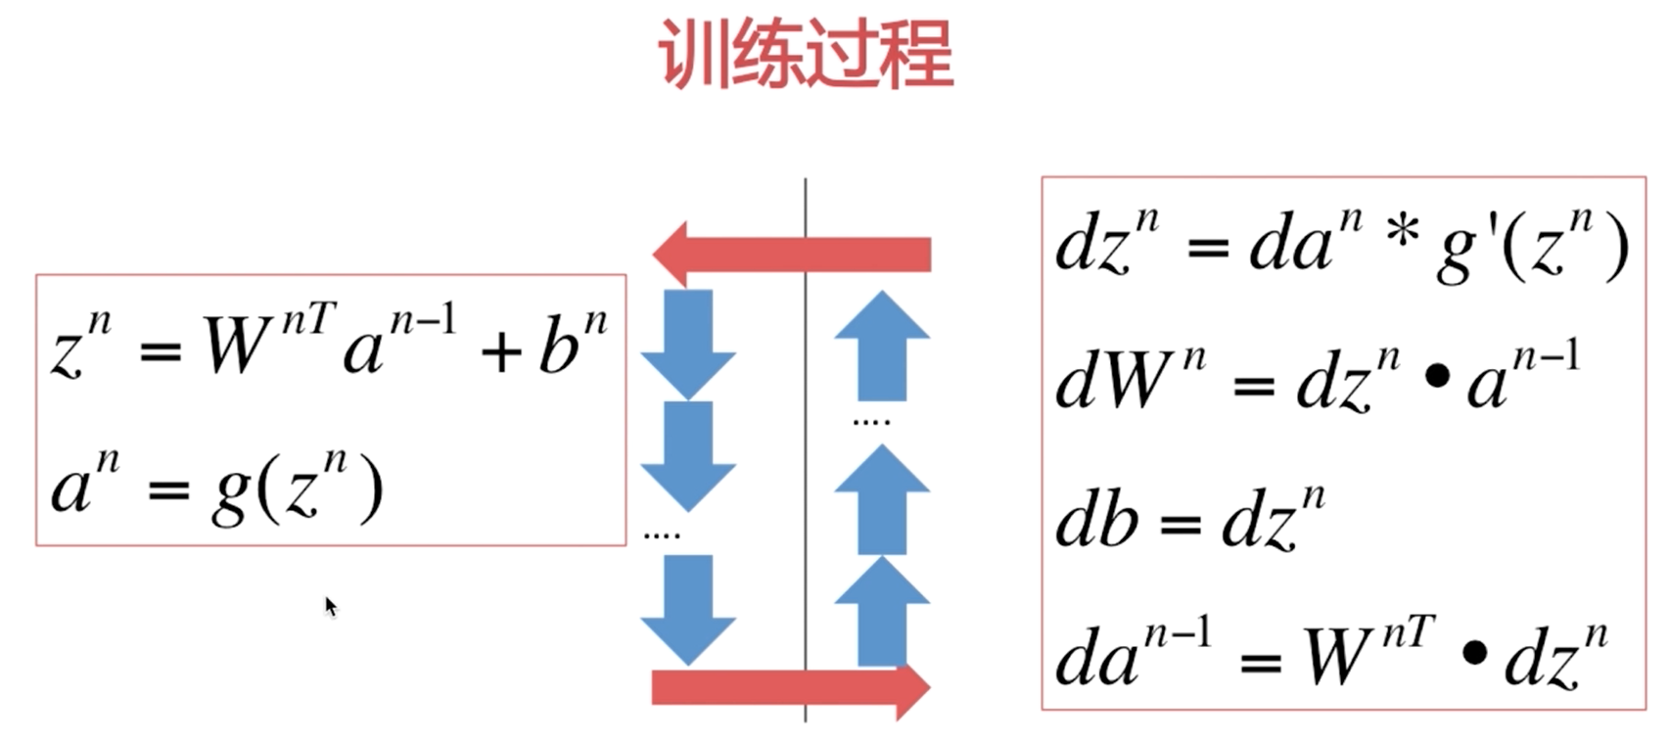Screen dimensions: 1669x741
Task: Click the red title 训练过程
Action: [806, 54]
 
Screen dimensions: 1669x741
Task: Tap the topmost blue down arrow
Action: [688, 343]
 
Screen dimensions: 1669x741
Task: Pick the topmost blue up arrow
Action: [882, 345]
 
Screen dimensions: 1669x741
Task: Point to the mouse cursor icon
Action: [330, 606]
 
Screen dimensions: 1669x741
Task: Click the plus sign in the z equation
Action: [501, 351]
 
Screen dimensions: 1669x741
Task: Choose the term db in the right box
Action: [1096, 519]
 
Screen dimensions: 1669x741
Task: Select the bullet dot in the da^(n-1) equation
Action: [1474, 652]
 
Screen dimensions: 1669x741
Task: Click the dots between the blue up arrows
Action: [871, 422]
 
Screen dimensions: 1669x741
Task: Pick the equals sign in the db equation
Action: [1180, 526]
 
